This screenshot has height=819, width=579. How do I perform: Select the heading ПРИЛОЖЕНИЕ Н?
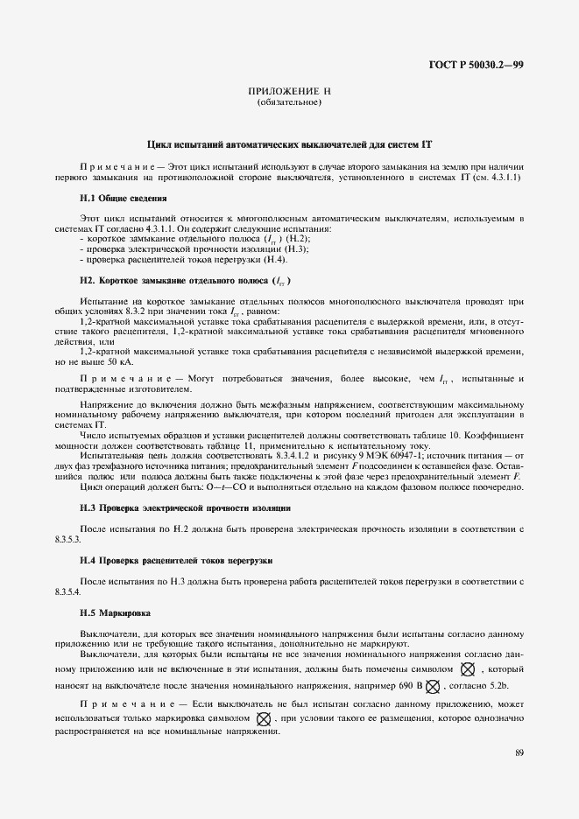289,92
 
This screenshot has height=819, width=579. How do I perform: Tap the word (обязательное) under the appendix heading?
289,103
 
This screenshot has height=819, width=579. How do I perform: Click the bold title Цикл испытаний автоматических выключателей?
290,143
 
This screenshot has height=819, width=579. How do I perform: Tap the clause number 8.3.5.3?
67,541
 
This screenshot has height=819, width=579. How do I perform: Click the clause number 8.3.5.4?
67,593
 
